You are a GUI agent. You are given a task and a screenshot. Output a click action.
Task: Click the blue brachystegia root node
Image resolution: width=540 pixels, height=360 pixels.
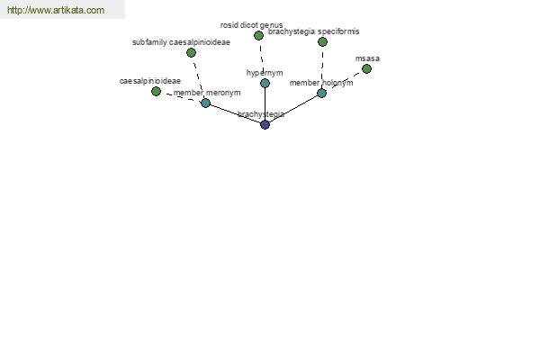[265, 124]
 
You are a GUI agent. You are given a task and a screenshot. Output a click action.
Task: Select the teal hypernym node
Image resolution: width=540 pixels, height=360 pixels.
[265, 83]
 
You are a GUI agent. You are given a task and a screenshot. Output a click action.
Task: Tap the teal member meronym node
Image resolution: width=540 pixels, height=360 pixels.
[205, 103]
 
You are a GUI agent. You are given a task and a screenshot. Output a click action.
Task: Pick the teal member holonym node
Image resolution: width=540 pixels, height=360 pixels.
[321, 93]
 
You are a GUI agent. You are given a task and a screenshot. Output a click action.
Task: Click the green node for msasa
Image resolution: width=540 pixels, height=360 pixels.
[367, 69]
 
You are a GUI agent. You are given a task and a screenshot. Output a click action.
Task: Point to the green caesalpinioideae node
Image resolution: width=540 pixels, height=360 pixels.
[156, 91]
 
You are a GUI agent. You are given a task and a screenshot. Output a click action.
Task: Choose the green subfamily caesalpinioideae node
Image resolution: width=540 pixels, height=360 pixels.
[191, 52]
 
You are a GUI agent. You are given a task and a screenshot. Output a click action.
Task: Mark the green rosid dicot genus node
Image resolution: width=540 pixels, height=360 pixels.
[258, 35]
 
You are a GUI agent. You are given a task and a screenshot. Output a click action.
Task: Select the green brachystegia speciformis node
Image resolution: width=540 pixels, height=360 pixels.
[322, 41]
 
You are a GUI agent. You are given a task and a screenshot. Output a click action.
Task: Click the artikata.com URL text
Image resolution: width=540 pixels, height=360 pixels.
[56, 10]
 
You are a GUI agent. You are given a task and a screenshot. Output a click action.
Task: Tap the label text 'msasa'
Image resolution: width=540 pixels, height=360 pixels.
[367, 58]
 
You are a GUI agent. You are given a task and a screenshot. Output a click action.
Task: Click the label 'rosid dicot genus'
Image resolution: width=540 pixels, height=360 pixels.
[251, 25]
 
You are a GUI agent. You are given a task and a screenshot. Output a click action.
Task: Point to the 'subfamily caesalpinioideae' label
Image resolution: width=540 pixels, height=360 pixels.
[181, 42]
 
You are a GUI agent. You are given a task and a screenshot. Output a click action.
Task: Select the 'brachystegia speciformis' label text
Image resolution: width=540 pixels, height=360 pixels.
[314, 31]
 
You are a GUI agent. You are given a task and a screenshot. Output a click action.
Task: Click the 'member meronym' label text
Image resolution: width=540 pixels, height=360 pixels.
[207, 93]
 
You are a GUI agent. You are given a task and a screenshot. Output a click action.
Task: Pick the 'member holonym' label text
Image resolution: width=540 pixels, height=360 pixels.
[321, 83]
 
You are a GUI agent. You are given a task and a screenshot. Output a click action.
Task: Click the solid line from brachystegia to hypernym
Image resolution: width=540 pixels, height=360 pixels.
[265, 103]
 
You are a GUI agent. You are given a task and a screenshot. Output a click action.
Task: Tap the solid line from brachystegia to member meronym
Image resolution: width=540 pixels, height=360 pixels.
[235, 113]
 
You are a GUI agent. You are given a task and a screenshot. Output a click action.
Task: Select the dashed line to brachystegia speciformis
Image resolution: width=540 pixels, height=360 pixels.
[322, 67]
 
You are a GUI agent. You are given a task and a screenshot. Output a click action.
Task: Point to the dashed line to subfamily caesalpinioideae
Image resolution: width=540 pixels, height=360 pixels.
[198, 77]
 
